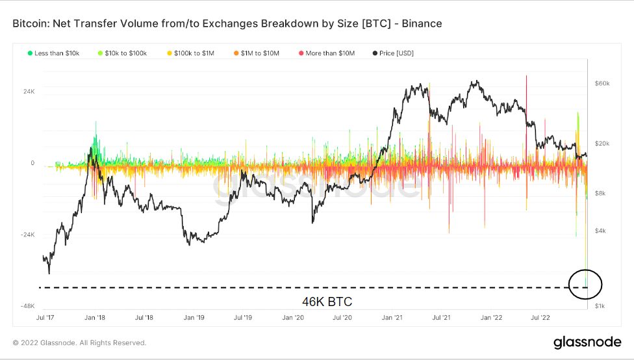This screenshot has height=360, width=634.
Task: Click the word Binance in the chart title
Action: (420, 23)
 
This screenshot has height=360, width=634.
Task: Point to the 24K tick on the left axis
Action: (29, 92)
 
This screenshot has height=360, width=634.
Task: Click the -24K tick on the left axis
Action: (27, 235)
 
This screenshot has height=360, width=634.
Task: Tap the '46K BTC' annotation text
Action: (327, 302)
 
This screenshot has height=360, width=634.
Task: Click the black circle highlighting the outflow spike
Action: (585, 284)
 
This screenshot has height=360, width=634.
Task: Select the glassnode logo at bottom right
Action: (587, 342)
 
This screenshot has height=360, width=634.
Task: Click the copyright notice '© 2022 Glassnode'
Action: (79, 342)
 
